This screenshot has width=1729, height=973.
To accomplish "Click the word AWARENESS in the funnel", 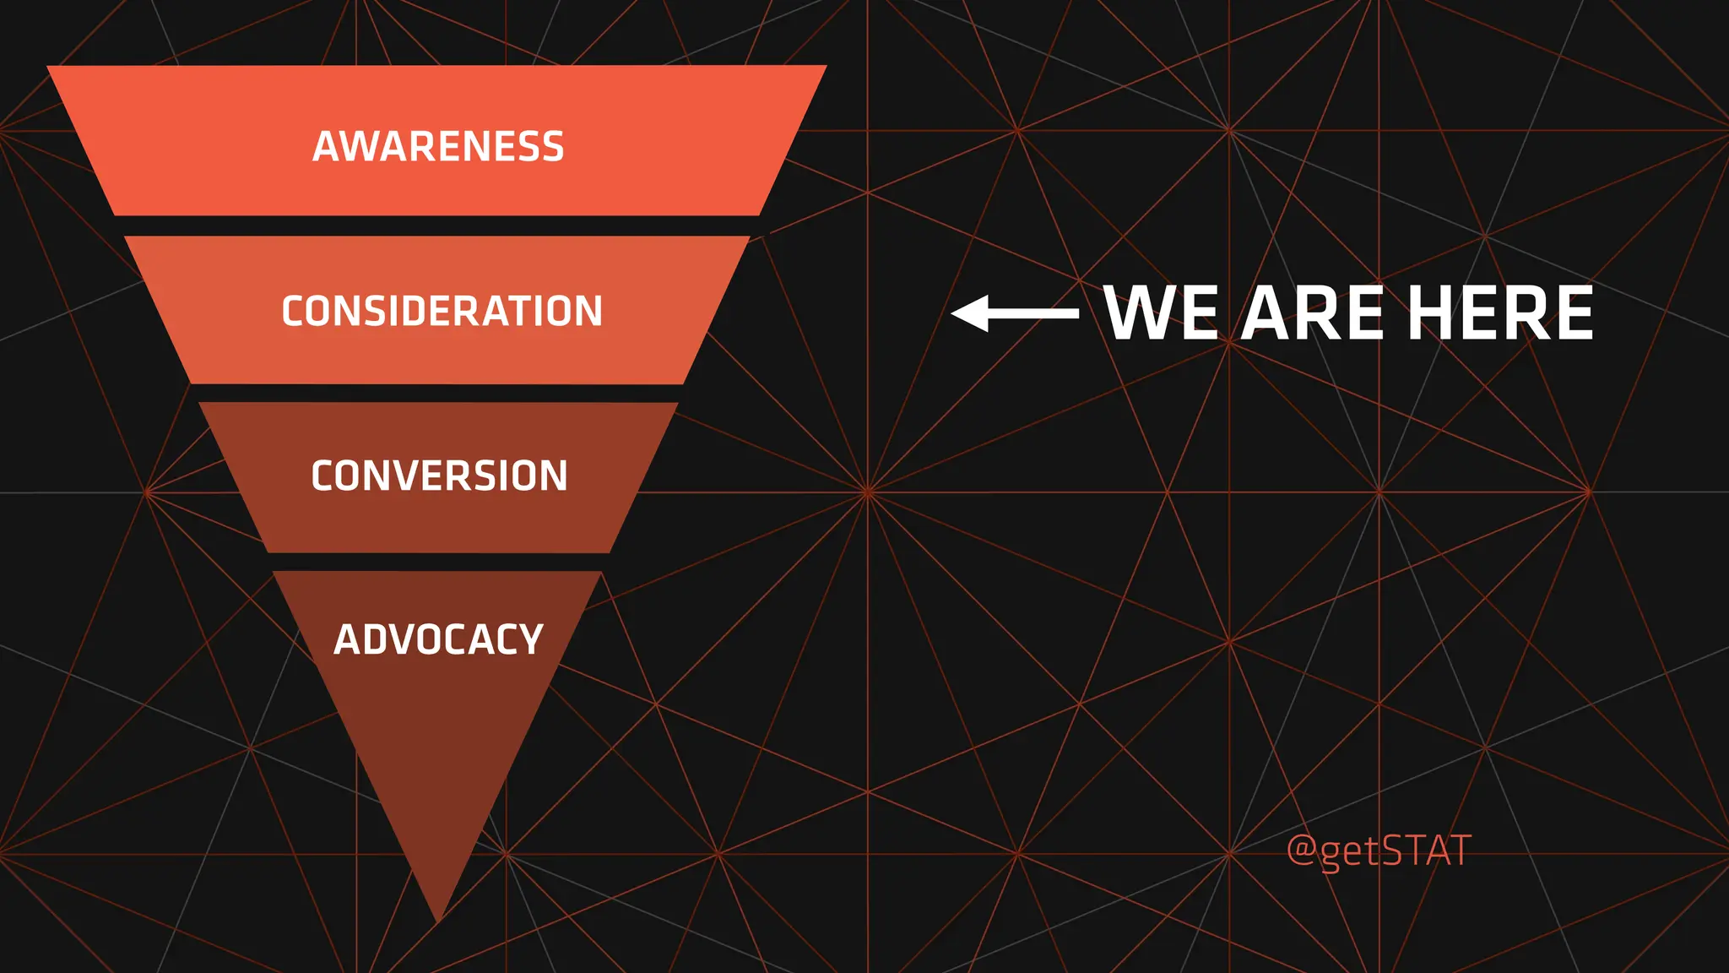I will tap(438, 146).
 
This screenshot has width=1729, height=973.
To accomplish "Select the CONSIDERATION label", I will tap(442, 311).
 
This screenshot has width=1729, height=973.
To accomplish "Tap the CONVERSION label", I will tap(439, 476).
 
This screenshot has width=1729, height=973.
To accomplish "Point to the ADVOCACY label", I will tap(438, 639).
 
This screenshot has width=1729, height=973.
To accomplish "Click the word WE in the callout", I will tap(1160, 313).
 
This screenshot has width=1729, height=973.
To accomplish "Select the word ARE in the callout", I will tap(1312, 313).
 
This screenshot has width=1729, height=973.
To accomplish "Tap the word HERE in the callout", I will tap(1500, 313).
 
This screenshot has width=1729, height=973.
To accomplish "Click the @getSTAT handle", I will tap(1379, 850).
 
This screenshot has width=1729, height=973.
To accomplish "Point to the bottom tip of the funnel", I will tap(438, 916).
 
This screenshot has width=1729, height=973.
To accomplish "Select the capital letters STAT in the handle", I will tap(1426, 850).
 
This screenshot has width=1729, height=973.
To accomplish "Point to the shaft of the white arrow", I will tap(1033, 313).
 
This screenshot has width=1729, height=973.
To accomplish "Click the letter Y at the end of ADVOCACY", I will tap(529, 639).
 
